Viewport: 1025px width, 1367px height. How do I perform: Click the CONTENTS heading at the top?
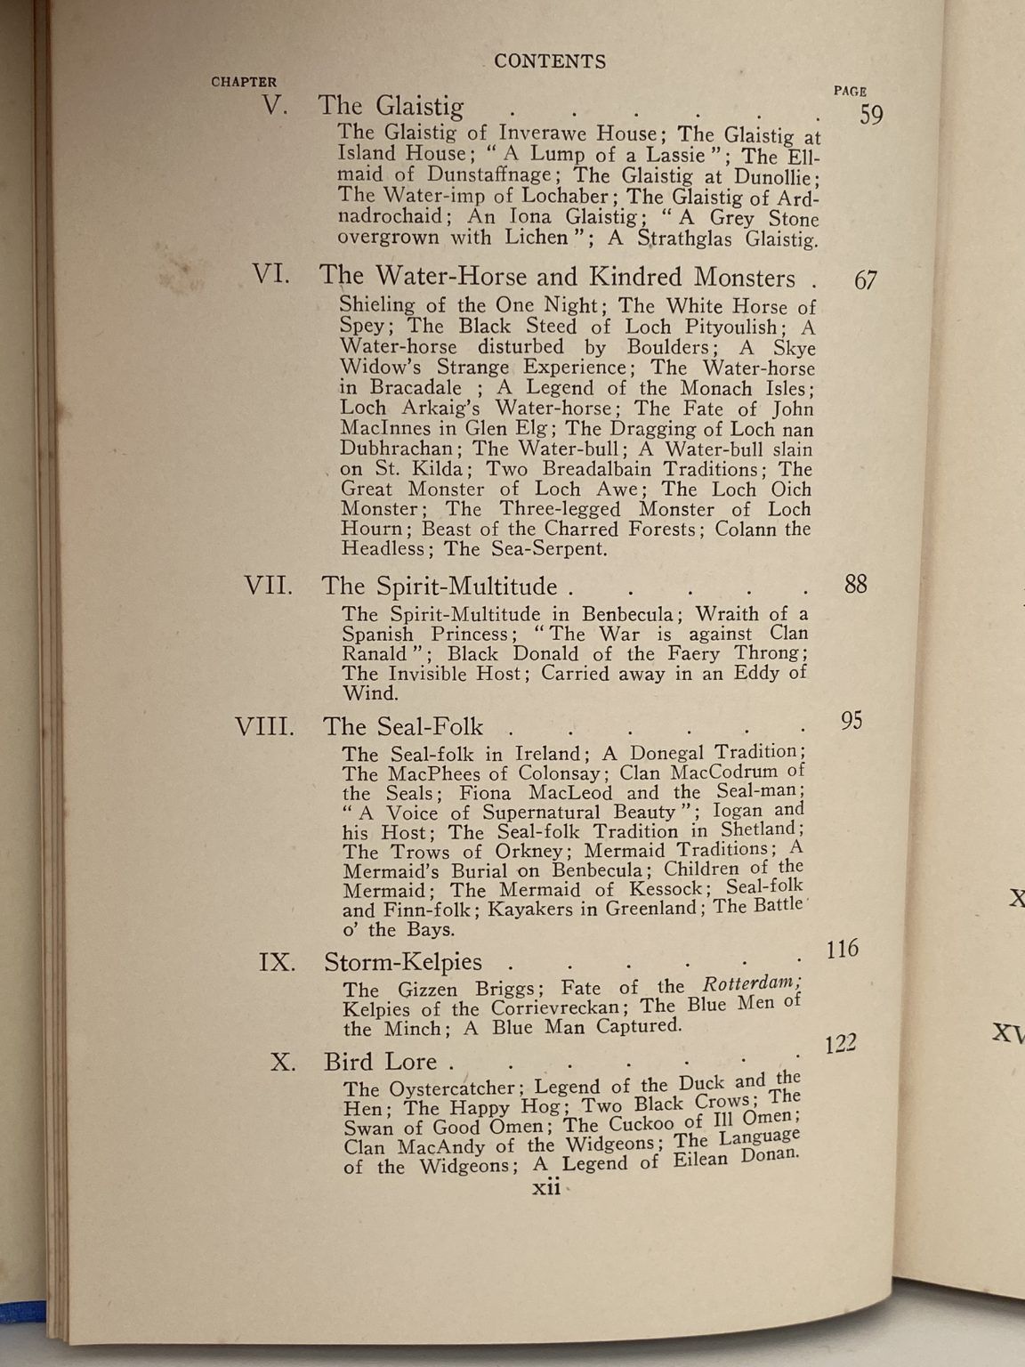(550, 61)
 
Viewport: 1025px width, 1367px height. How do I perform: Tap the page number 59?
(870, 115)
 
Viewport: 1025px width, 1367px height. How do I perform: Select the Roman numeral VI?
(270, 273)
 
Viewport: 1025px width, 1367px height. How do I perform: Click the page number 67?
(865, 280)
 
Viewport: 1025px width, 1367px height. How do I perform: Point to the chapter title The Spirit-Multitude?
(440, 586)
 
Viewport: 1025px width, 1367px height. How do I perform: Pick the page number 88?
(855, 584)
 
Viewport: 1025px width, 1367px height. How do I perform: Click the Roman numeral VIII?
(264, 726)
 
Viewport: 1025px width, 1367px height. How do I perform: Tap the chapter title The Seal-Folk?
(403, 726)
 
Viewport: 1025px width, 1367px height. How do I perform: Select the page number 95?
(851, 720)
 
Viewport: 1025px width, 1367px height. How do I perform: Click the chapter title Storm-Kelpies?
(403, 962)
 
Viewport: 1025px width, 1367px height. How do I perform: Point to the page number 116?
(842, 949)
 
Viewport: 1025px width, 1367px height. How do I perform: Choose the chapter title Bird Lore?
(381, 1062)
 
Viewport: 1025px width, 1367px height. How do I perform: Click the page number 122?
(840, 1044)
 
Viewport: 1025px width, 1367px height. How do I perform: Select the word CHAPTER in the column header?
(244, 82)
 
